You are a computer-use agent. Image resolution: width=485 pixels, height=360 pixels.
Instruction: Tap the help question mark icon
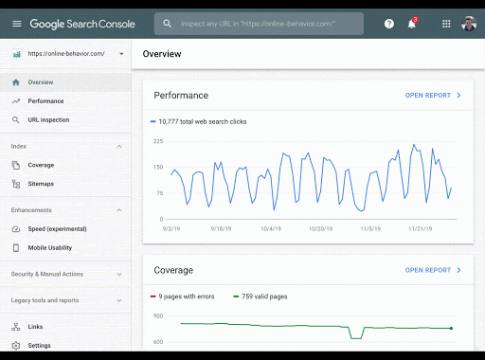(x=389, y=24)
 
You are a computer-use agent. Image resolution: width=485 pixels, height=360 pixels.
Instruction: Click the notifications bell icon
(x=412, y=24)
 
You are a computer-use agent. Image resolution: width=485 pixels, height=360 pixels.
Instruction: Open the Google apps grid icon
(x=446, y=24)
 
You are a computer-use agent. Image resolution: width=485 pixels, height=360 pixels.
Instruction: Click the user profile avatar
(x=470, y=24)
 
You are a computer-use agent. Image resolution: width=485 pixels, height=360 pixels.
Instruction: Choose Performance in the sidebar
(x=45, y=100)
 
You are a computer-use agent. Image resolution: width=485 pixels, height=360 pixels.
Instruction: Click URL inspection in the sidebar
(x=48, y=120)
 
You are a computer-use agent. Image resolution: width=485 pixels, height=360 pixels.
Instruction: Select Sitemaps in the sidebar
(x=41, y=184)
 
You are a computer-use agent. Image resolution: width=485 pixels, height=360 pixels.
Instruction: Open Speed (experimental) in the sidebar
(x=57, y=228)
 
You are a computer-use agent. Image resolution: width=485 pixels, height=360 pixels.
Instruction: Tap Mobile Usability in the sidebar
(x=50, y=248)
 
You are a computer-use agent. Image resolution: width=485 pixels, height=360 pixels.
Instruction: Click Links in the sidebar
(x=35, y=327)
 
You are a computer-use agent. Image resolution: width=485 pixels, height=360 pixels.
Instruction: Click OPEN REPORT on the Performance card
(x=433, y=96)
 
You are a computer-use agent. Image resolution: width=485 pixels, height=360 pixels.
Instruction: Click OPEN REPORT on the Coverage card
(x=433, y=270)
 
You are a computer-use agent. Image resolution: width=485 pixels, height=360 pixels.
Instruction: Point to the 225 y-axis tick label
(x=158, y=141)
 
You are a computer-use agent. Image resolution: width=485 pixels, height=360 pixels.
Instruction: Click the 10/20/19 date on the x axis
(x=320, y=228)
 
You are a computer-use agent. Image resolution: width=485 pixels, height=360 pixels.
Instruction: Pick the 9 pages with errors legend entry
(x=186, y=297)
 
